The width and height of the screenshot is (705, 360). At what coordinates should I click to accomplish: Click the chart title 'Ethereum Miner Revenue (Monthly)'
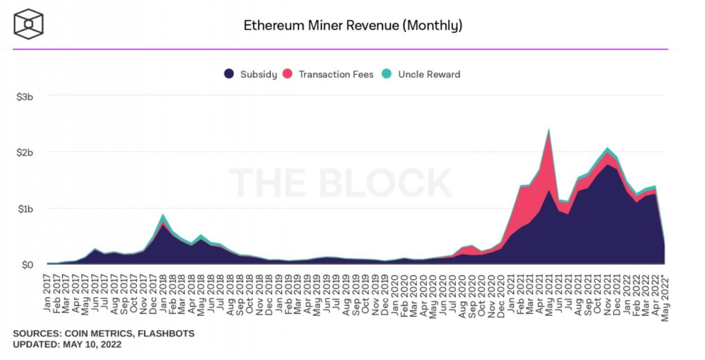tap(352, 25)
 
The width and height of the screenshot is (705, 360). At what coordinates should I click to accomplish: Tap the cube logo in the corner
tap(28, 24)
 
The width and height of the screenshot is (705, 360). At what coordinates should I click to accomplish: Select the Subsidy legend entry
tap(251, 74)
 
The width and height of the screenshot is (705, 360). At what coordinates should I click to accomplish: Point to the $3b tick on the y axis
tap(25, 96)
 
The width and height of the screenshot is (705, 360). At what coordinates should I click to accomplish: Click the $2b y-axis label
tap(25, 152)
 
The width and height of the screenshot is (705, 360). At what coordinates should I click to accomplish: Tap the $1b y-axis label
tap(25, 209)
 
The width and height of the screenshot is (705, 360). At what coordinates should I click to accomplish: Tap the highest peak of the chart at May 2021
tap(549, 131)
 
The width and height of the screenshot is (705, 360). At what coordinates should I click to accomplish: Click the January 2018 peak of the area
tap(163, 215)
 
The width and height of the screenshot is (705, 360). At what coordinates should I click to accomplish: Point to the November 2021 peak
tap(607, 149)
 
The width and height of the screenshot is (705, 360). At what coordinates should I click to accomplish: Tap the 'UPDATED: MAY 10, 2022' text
tap(67, 344)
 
